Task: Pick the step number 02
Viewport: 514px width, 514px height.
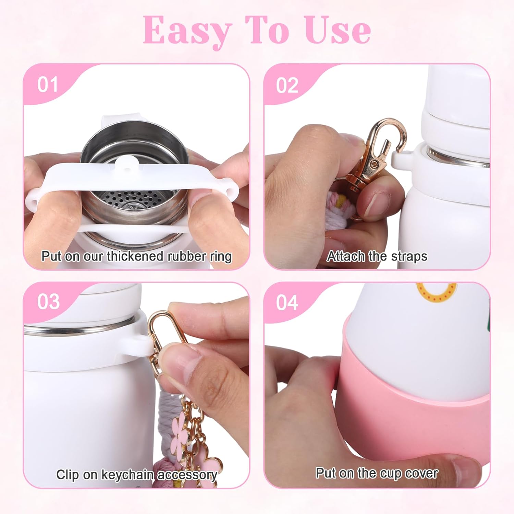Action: click(287, 85)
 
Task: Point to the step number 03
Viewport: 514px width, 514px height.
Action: click(48, 302)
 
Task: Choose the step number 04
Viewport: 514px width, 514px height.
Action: click(287, 303)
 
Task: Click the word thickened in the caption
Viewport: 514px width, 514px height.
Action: click(135, 256)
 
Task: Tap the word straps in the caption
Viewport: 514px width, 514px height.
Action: click(409, 256)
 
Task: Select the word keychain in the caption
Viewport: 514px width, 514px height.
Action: click(127, 475)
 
